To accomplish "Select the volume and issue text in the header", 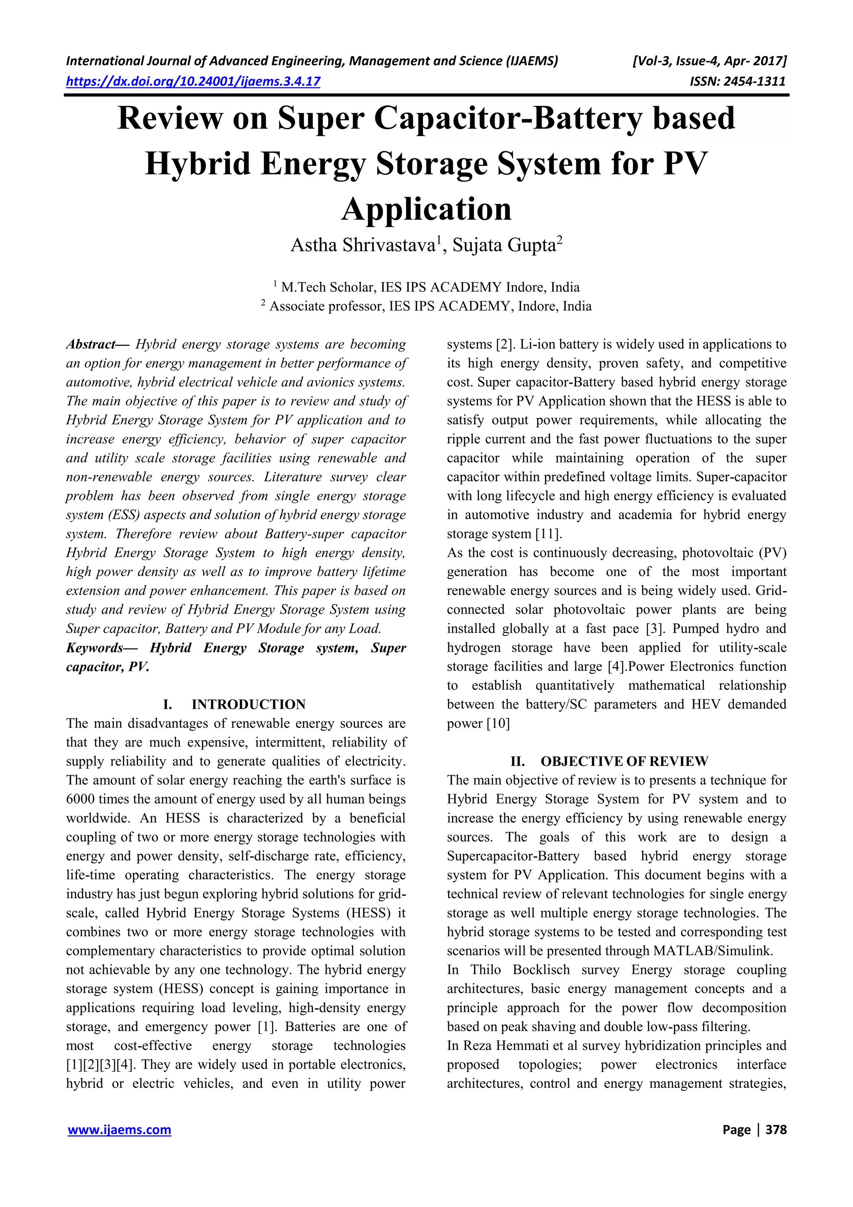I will [710, 61].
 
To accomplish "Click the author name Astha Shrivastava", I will [363, 245].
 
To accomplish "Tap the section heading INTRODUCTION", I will [248, 705].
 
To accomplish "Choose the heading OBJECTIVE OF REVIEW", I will [624, 762].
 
